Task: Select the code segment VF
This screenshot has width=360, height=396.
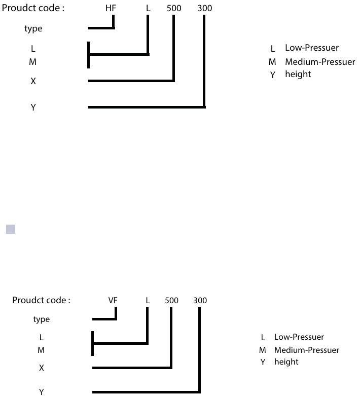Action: (113, 300)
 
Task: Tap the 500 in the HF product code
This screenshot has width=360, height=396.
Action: (174, 9)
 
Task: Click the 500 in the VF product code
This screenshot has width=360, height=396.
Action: (172, 300)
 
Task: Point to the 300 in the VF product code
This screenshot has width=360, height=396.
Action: (200, 300)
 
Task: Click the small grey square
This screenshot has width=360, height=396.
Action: (11, 229)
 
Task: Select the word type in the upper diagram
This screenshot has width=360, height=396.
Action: (33, 29)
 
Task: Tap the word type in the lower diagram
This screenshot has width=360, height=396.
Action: (41, 319)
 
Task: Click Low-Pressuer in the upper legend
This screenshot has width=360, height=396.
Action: (312, 48)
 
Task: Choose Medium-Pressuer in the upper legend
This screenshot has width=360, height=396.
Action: (320, 62)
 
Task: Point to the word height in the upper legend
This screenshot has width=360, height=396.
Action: (298, 74)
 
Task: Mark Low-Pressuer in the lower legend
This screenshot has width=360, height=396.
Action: (299, 337)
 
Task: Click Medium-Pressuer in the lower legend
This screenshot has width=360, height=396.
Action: (307, 350)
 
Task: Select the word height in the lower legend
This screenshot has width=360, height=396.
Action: (286, 362)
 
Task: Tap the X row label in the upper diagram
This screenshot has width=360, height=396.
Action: (33, 81)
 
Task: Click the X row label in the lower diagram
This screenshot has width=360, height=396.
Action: (42, 368)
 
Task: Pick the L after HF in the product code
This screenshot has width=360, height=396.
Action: (149, 9)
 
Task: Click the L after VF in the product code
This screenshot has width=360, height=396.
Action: (148, 300)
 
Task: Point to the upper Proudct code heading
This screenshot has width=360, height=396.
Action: (33, 9)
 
